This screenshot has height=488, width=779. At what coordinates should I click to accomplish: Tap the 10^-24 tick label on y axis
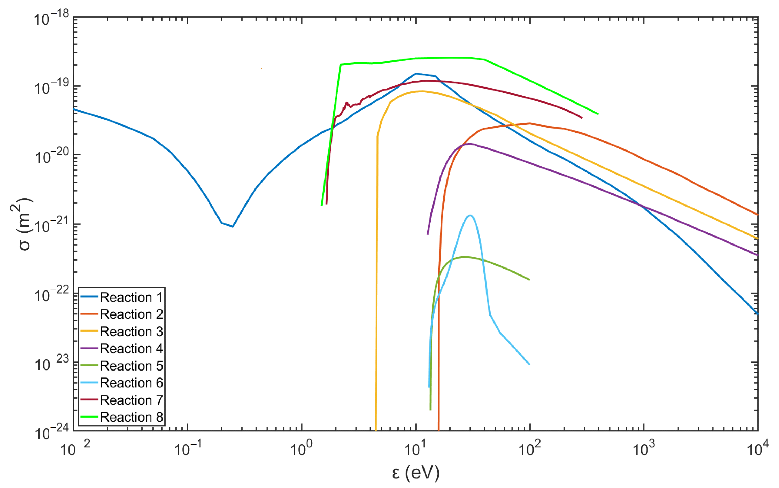pyautogui.click(x=51, y=432)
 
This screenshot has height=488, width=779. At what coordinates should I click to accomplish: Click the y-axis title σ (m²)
pyautogui.click(x=23, y=224)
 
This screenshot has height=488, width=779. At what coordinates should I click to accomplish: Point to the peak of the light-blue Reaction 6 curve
pyautogui.click(x=470, y=215)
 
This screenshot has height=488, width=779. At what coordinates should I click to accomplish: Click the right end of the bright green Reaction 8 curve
pyautogui.click(x=598, y=114)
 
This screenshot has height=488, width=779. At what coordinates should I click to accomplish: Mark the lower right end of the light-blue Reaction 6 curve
pyautogui.click(x=530, y=364)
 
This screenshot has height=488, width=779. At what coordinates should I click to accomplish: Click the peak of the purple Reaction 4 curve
pyautogui.click(x=470, y=144)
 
